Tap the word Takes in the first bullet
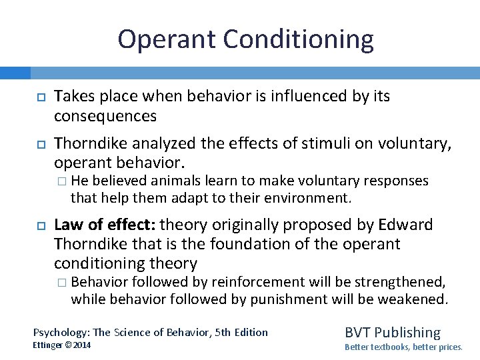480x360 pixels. click(x=73, y=97)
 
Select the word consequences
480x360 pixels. click(x=105, y=116)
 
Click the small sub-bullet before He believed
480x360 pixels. click(x=62, y=181)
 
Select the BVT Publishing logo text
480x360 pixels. click(x=392, y=332)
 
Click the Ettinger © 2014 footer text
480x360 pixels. click(x=62, y=345)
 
